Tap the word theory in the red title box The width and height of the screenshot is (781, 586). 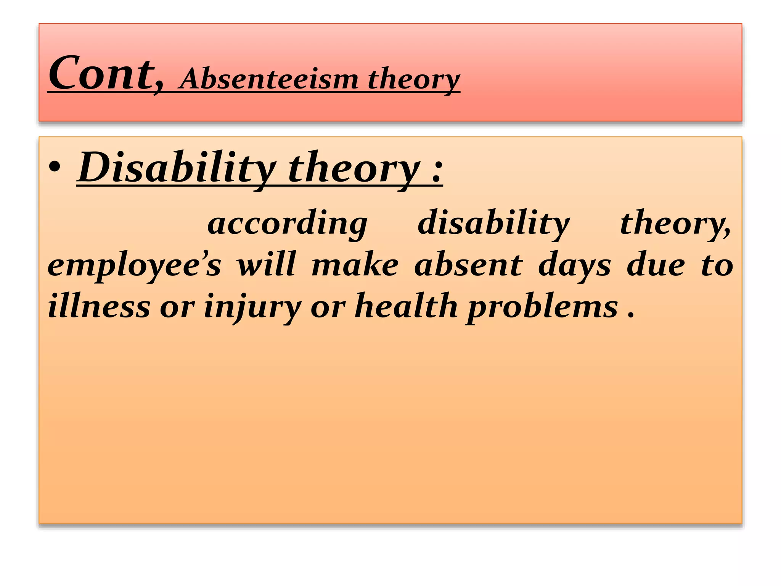click(x=414, y=79)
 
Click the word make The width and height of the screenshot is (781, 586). click(x=355, y=265)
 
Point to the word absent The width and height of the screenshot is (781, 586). click(x=468, y=265)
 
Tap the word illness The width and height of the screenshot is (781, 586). click(x=99, y=306)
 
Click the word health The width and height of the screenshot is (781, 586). click(x=406, y=306)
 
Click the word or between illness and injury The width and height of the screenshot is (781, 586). click(x=177, y=308)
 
